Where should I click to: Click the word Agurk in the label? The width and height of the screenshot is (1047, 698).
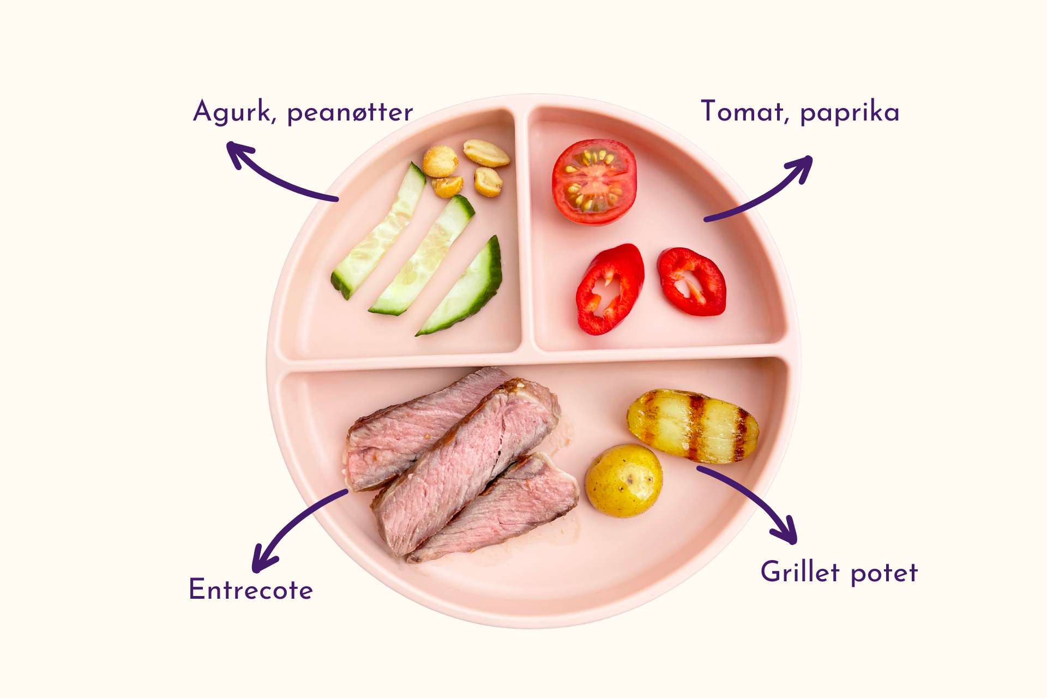231,112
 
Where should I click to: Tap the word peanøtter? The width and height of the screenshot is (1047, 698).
350,113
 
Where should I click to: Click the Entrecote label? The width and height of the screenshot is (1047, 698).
251,590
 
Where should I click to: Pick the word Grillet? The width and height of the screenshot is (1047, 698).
800,573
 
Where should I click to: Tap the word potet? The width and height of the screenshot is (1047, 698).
884,573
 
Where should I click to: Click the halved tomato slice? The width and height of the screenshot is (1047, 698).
594,182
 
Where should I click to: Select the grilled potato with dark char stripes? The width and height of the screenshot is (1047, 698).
693,426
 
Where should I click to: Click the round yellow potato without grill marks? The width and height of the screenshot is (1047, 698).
624,480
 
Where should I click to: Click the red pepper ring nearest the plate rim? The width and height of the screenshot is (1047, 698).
692,281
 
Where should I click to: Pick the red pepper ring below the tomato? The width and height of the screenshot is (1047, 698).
610,289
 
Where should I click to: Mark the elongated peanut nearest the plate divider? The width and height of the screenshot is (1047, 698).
486,153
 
